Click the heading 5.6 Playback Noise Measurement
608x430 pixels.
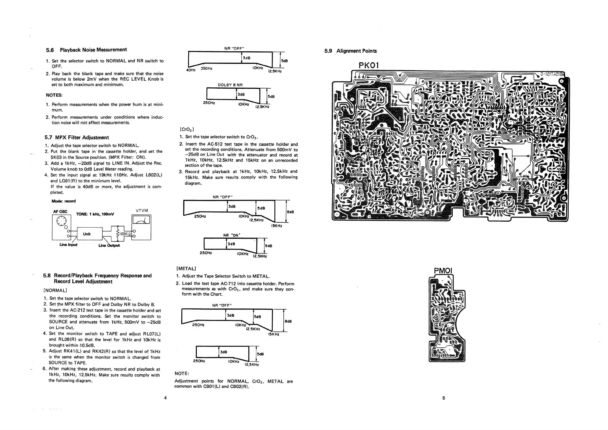86,50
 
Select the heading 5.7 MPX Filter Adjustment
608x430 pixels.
77,137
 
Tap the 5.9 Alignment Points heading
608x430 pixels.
350,51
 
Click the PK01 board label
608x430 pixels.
369,65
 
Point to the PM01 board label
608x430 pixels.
443,271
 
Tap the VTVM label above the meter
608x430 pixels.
142,210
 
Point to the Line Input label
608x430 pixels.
68,245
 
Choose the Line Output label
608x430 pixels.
109,245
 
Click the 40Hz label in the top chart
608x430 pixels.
191,70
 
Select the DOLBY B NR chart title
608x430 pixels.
230,85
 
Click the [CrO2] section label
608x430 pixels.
187,129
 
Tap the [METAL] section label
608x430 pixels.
186,268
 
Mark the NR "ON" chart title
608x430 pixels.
231,235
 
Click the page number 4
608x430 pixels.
165,398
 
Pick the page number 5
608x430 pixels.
444,398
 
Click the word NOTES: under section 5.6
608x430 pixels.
54,95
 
